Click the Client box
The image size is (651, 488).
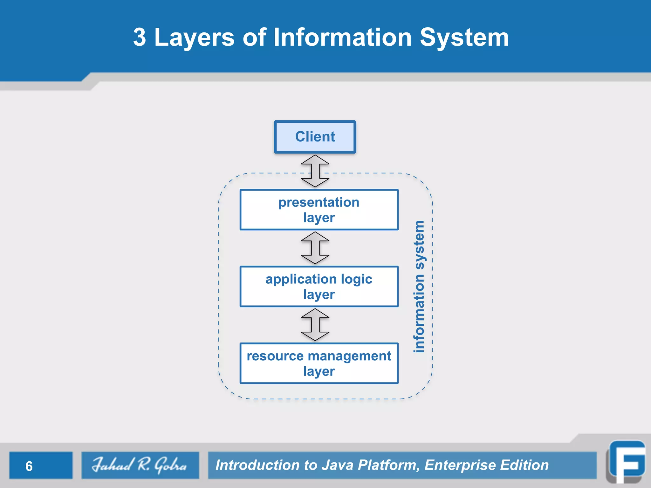pyautogui.click(x=315, y=137)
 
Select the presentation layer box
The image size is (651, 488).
pyautogui.click(x=319, y=210)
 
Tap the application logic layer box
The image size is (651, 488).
pyautogui.click(x=319, y=287)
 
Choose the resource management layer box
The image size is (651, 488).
pyautogui.click(x=319, y=363)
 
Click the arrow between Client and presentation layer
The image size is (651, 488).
pyautogui.click(x=315, y=171)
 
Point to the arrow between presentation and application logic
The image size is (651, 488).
pyautogui.click(x=315, y=248)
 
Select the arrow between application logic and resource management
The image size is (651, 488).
pyautogui.click(x=315, y=325)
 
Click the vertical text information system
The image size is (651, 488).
pyautogui.click(x=419, y=287)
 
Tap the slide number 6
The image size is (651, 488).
pyautogui.click(x=29, y=466)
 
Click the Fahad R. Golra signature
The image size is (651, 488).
pyautogui.click(x=140, y=465)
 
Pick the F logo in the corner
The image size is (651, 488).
pyautogui.click(x=626, y=462)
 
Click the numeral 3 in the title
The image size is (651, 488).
pyautogui.click(x=140, y=37)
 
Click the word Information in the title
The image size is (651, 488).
pyautogui.click(x=343, y=37)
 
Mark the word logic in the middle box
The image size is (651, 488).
pyautogui.click(x=356, y=280)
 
